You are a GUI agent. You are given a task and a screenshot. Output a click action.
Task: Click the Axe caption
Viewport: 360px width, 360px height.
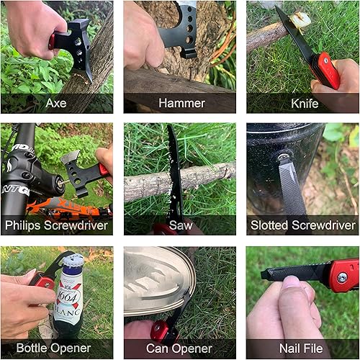click(x=55, y=103)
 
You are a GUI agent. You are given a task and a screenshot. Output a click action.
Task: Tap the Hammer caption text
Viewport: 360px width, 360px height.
click(x=179, y=103)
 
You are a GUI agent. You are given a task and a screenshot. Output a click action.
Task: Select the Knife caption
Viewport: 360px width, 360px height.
click(x=304, y=103)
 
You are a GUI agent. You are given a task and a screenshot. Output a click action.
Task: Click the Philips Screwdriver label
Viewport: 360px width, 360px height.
click(x=56, y=225)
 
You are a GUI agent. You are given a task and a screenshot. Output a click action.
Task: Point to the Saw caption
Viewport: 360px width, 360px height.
click(x=179, y=225)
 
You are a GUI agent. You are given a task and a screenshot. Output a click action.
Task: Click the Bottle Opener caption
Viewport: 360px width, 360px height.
click(x=56, y=348)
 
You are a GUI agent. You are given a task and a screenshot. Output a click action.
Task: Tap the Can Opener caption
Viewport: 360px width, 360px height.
click(x=179, y=348)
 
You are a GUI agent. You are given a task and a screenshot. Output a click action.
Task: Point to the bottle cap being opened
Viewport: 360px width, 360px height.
click(x=71, y=260)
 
